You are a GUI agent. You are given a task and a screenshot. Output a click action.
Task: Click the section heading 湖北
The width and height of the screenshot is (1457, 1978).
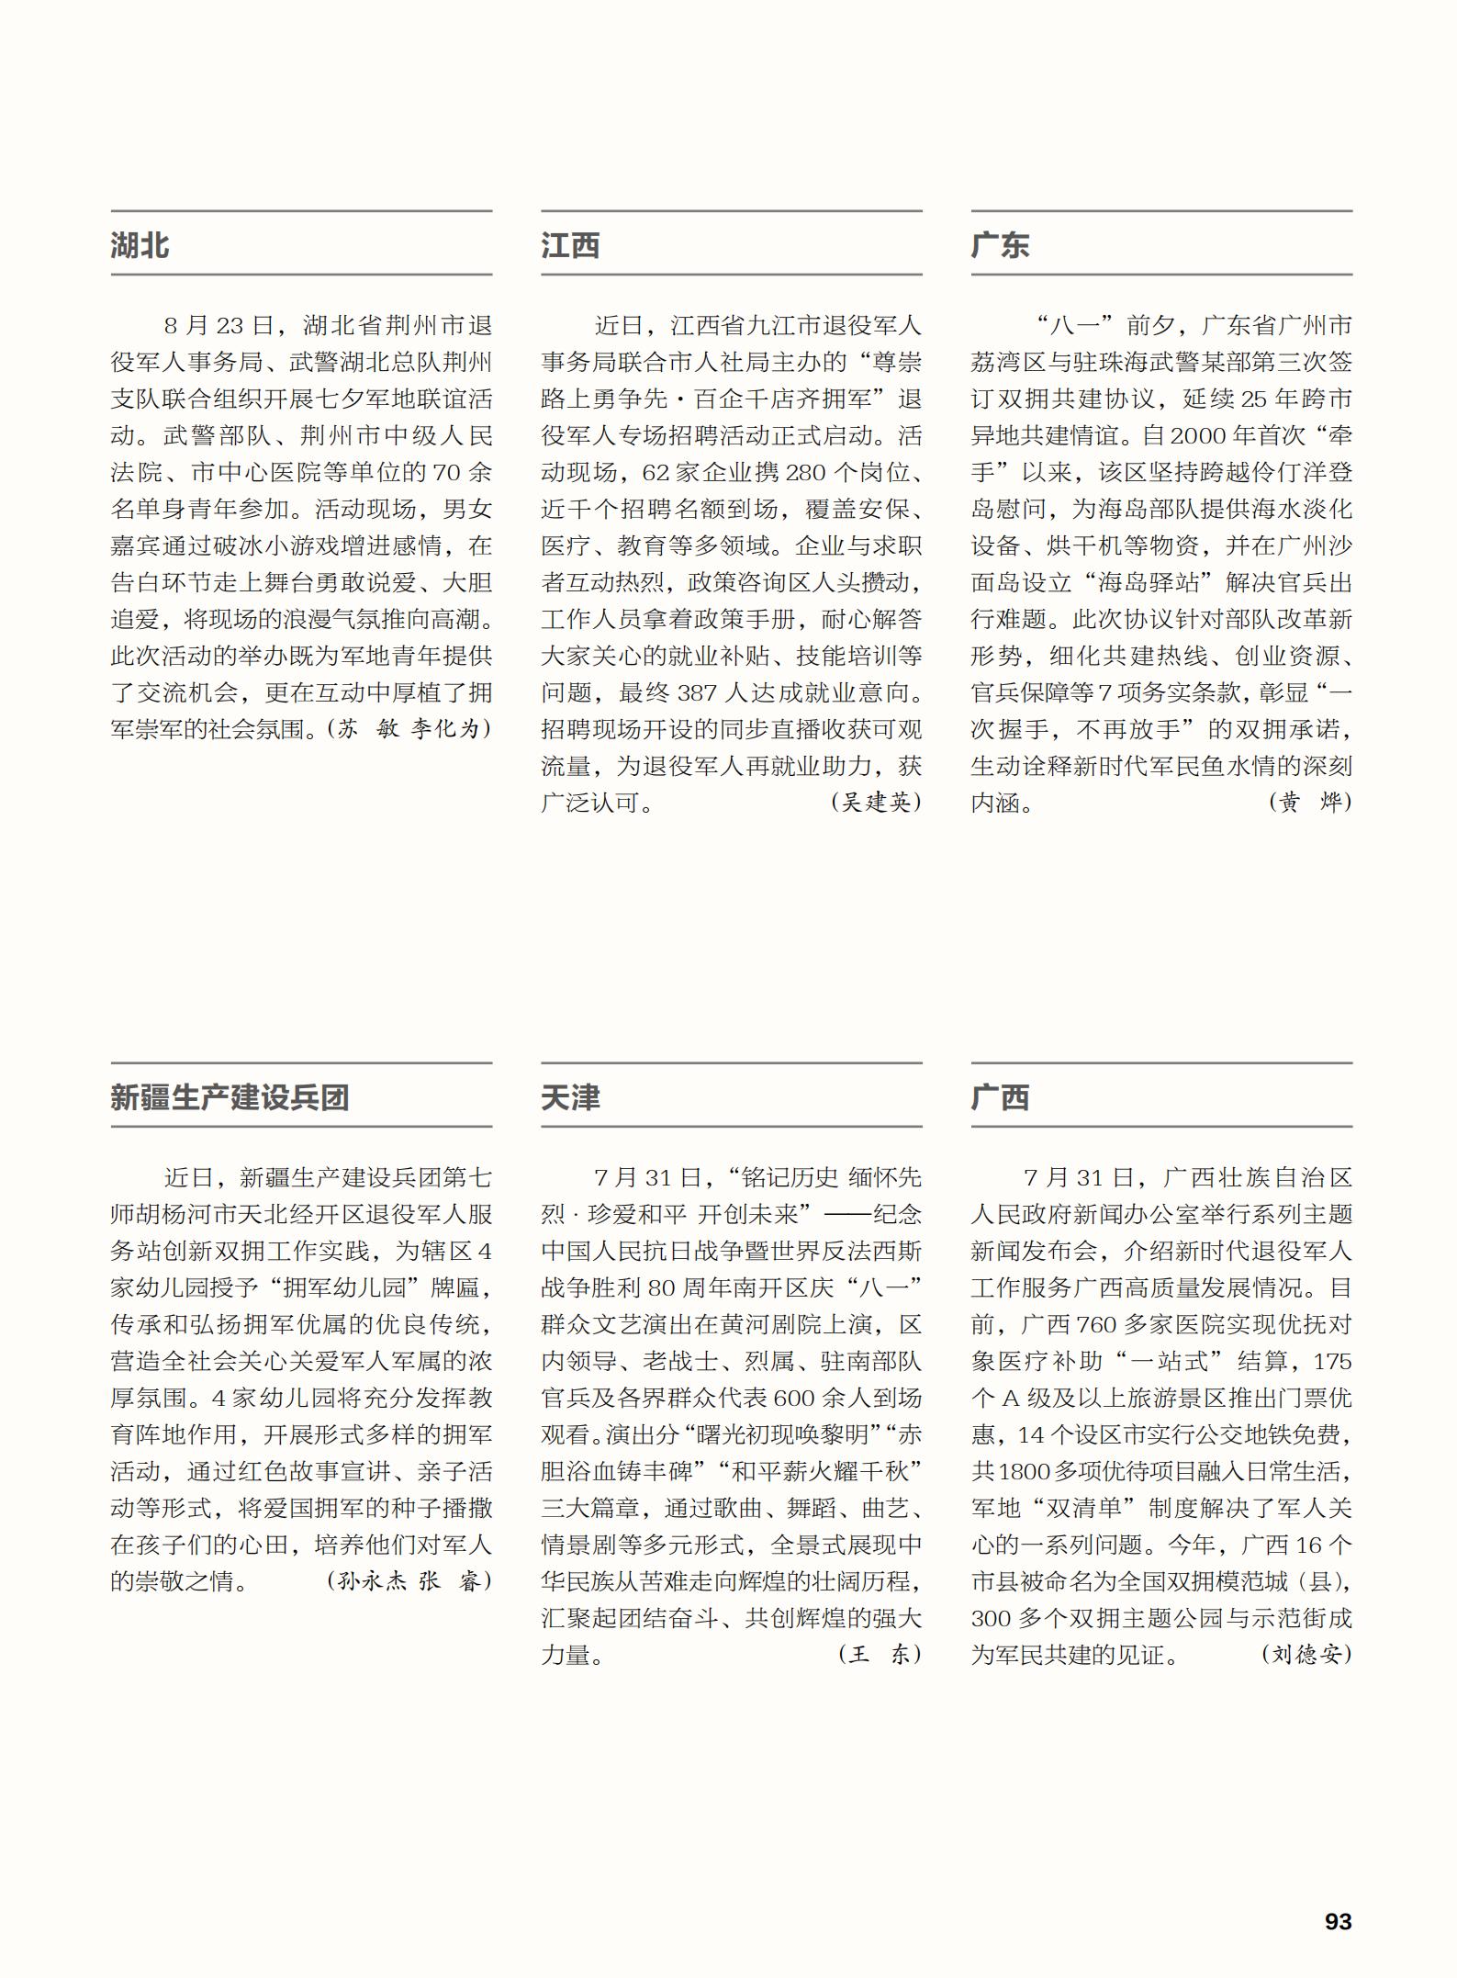tap(140, 246)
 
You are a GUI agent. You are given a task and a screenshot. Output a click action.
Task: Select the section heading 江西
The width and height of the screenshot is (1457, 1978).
tap(570, 246)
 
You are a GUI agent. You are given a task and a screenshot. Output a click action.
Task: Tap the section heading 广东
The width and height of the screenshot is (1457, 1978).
tap(1000, 246)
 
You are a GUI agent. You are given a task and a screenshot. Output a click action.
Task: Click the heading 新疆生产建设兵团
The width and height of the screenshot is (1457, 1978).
tap(230, 1097)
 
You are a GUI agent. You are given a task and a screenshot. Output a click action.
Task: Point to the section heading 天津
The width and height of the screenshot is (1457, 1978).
tap(570, 1097)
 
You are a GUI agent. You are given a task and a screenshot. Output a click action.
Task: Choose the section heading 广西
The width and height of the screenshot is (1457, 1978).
tap(1000, 1097)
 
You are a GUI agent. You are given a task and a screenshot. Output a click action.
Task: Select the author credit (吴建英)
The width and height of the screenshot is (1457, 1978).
tap(876, 803)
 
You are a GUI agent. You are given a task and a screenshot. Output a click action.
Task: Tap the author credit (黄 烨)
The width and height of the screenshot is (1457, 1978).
tap(1310, 803)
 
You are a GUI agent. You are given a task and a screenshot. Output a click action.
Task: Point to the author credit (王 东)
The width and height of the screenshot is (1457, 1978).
tap(879, 1655)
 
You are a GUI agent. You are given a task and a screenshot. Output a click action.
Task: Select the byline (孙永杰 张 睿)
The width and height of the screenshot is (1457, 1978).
tap(409, 1581)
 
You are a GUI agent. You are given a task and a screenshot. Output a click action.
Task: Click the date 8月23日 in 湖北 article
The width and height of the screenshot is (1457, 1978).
tap(218, 326)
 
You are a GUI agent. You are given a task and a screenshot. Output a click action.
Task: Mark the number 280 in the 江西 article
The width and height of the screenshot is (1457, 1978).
tap(805, 473)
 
